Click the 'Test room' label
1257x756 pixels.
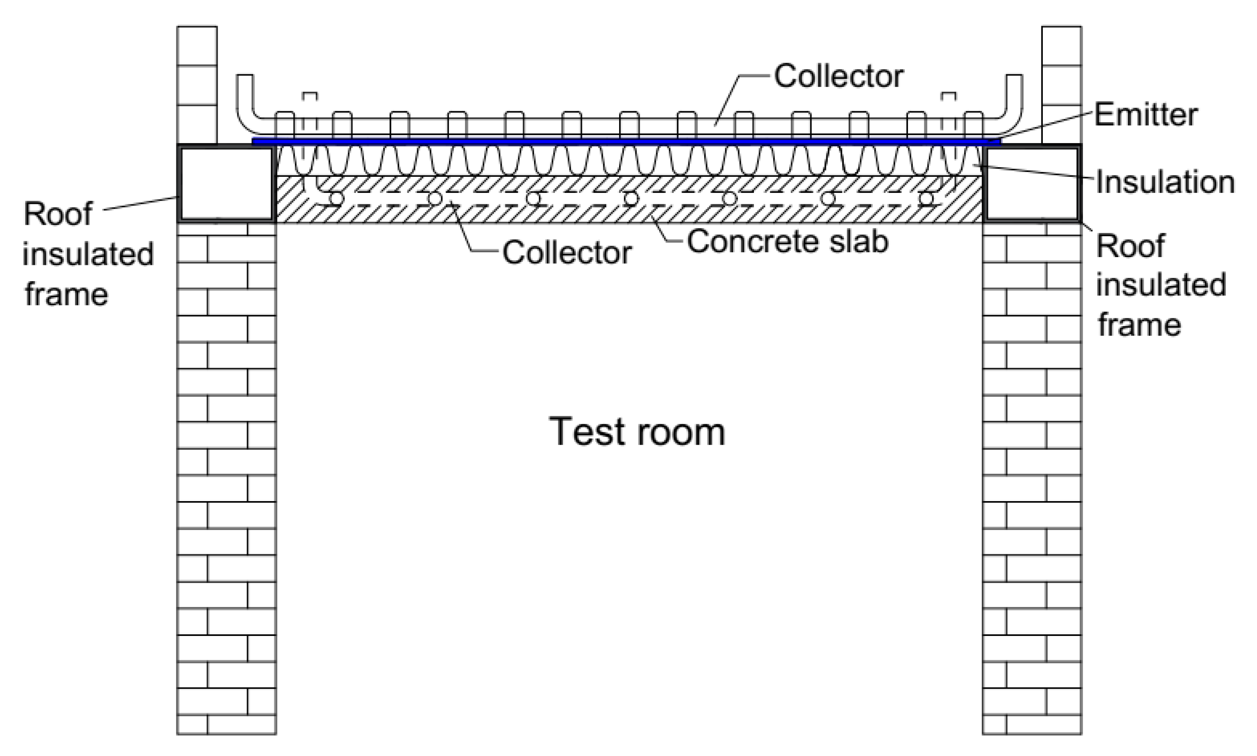pyautogui.click(x=637, y=432)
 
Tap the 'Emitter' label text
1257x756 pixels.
pyautogui.click(x=1145, y=115)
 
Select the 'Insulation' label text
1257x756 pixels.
pyautogui.click(x=1165, y=182)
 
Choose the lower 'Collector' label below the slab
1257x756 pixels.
pyautogui.click(x=567, y=253)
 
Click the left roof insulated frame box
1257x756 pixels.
pyautogui.click(x=226, y=184)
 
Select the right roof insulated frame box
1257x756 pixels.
pyautogui.click(x=1032, y=184)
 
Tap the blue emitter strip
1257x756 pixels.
pyautogui.click(x=626, y=141)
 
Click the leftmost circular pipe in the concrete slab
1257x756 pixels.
pyautogui.click(x=336, y=198)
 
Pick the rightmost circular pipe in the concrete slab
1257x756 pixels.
pyautogui.click(x=926, y=198)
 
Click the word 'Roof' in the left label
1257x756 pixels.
pyautogui.click(x=58, y=213)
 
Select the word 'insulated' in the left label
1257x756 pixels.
pyautogui.click(x=88, y=254)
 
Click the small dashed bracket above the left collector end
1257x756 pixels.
pyautogui.click(x=309, y=95)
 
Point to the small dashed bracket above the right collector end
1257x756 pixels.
pyautogui.click(x=949, y=95)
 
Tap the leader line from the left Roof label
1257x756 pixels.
pyautogui.click(x=140, y=204)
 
